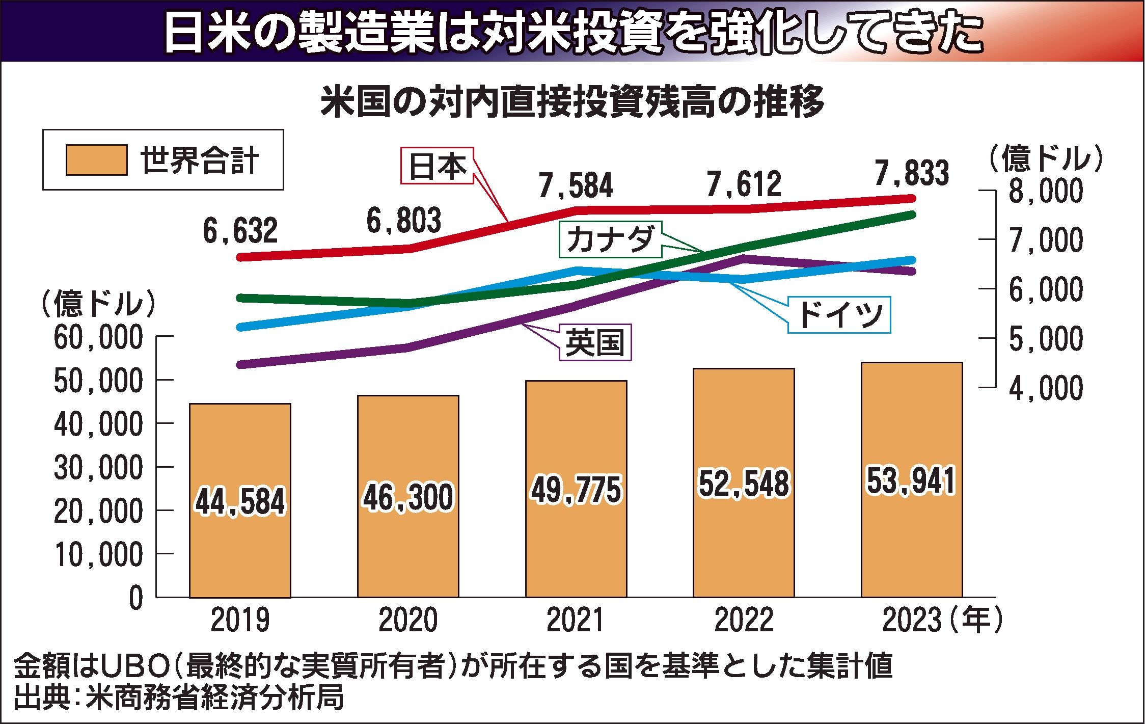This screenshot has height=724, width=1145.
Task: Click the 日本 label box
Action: click(x=438, y=166)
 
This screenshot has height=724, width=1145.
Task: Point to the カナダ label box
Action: click(x=610, y=239)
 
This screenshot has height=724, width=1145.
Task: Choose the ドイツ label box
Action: click(x=839, y=314)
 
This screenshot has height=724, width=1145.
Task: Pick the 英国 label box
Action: click(x=595, y=343)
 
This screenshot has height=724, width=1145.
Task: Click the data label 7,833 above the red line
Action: click(x=912, y=173)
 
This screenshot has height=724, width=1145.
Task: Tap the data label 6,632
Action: click(x=240, y=230)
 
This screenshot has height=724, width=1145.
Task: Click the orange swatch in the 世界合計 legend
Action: click(x=96, y=160)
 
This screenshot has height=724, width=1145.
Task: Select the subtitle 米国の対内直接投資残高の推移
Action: click(x=571, y=103)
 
